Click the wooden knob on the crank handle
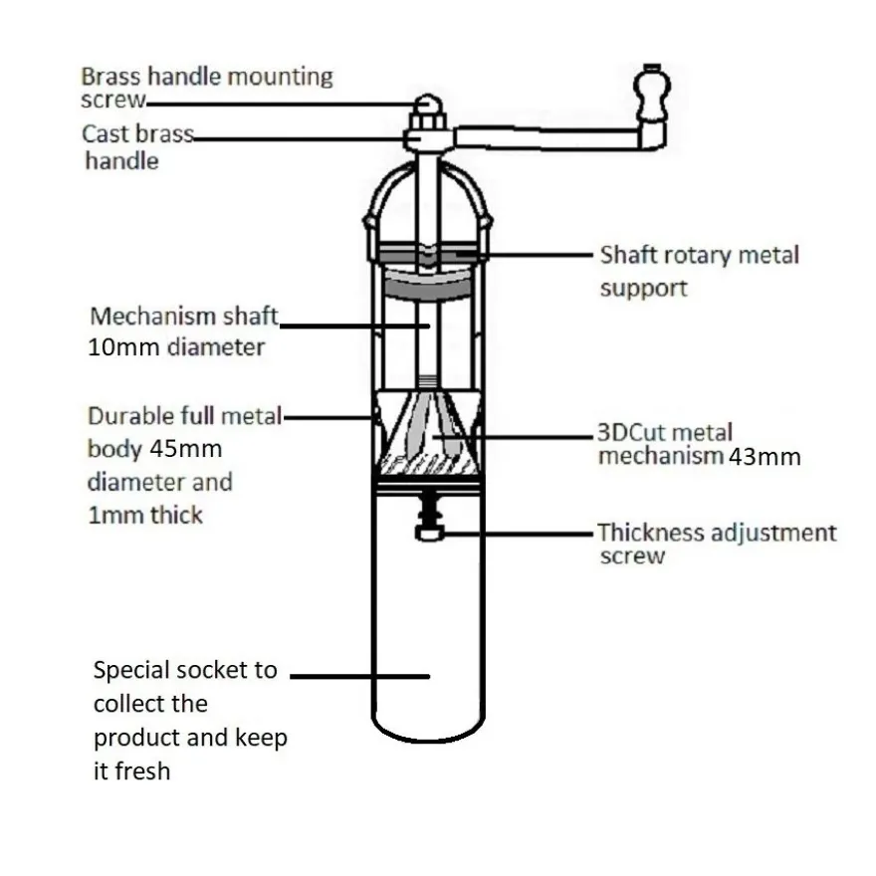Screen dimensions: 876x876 point(651,93)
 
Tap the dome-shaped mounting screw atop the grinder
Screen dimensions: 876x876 point(428,105)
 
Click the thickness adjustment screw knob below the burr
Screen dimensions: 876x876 point(429,532)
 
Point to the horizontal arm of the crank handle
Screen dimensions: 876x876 point(547,138)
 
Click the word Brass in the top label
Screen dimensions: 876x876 point(111,77)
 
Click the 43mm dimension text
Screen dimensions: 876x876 point(765,457)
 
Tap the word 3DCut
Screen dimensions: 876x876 point(634,432)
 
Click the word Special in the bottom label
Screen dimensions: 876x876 point(132,670)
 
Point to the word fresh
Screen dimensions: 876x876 point(141,771)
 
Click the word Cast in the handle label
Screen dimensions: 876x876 point(106,134)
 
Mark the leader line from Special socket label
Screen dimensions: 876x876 point(359,676)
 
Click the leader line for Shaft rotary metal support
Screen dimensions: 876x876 point(524,254)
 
